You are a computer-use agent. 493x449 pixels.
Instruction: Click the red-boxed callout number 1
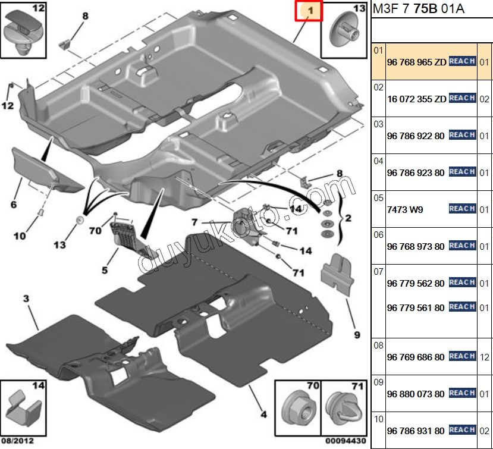(309, 11)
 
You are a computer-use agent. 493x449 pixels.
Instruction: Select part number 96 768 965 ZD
(416, 62)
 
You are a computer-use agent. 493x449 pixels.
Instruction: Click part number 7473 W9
(404, 209)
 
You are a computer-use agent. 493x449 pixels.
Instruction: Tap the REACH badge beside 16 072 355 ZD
(462, 98)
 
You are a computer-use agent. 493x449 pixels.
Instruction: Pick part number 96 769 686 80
(415, 357)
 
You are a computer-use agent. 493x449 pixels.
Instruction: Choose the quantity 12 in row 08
(485, 357)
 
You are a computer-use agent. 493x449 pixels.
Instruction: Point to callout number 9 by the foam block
(357, 335)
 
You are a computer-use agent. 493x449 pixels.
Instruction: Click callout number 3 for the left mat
(26, 297)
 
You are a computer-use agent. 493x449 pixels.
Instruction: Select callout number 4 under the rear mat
(263, 414)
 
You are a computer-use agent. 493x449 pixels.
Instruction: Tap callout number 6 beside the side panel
(13, 205)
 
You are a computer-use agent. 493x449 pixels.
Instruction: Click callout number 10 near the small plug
(20, 236)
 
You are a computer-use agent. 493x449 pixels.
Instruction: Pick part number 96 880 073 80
(415, 394)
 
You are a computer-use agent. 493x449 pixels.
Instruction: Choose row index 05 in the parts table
(378, 198)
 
